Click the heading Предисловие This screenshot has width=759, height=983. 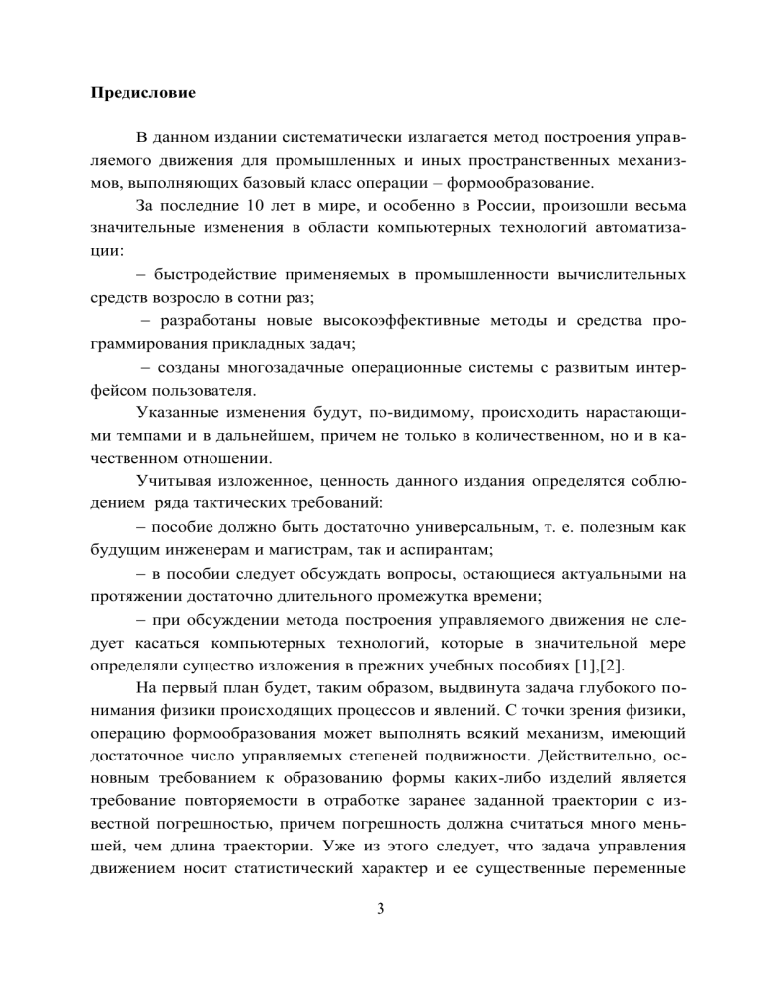pos(142,95)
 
